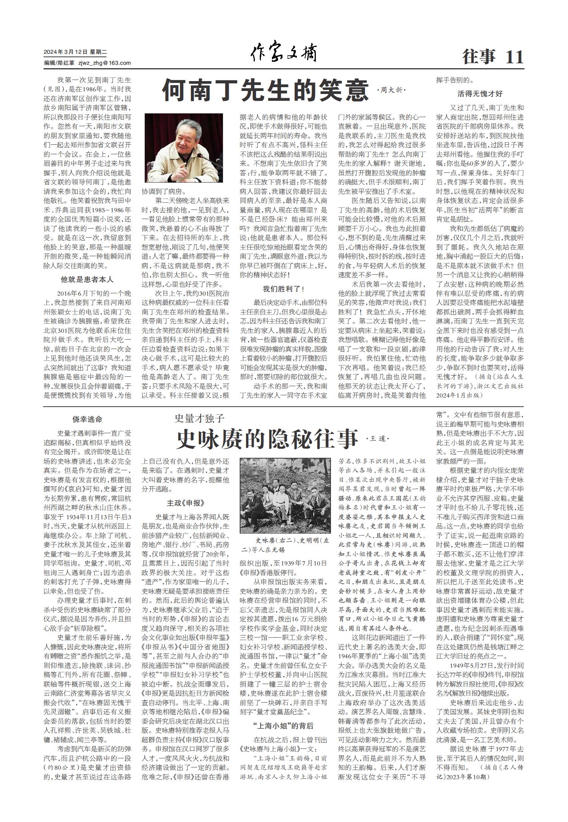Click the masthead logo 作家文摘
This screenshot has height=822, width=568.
tap(284, 53)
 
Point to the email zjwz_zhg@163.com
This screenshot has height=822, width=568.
tap(105, 63)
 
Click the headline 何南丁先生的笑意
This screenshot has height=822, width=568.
tap(265, 90)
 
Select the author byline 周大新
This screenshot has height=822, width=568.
tap(391, 90)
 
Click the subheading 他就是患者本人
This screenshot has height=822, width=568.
tap(87, 280)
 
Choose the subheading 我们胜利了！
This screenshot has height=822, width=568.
tap(284, 289)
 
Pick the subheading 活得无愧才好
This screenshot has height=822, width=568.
tap(480, 94)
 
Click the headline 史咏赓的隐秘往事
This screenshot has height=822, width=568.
tap(267, 439)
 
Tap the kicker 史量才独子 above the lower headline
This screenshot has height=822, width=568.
tap(200, 418)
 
